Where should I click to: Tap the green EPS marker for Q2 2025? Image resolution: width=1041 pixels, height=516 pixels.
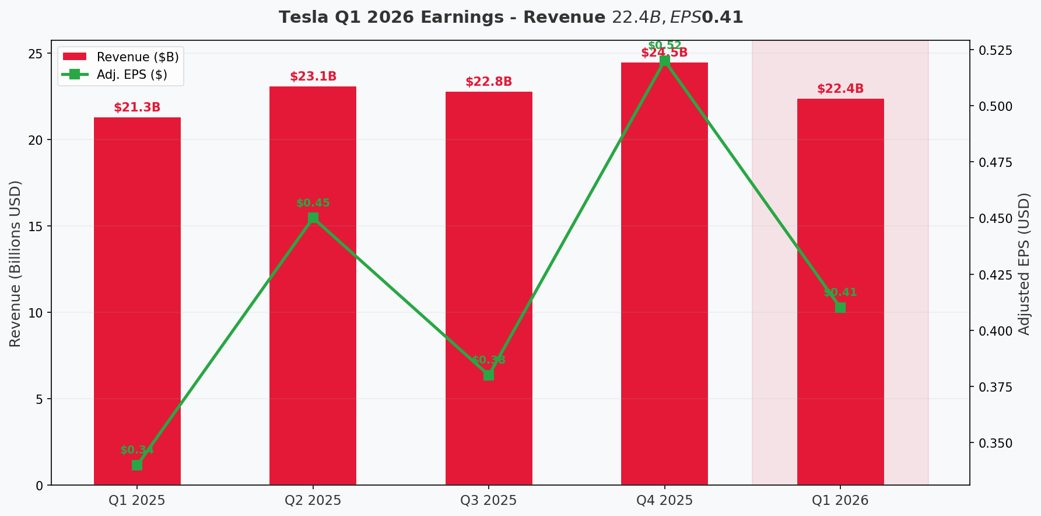[313, 218]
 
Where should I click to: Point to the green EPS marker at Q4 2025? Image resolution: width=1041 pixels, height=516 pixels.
[665, 61]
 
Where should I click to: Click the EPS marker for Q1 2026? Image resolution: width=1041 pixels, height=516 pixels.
[840, 308]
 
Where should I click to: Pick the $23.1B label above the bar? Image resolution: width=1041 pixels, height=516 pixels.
[313, 76]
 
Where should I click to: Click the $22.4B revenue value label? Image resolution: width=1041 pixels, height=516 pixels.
[840, 89]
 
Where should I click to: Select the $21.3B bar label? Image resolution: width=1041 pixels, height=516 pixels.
[137, 107]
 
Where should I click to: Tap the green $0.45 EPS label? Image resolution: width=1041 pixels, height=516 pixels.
[313, 203]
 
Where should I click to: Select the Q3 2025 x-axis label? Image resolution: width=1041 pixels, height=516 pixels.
[489, 500]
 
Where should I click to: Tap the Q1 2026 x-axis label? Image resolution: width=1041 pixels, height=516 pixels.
[840, 500]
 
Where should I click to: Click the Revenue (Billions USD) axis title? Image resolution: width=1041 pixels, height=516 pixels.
[16, 263]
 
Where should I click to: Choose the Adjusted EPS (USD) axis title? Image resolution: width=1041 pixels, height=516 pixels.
[1025, 263]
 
